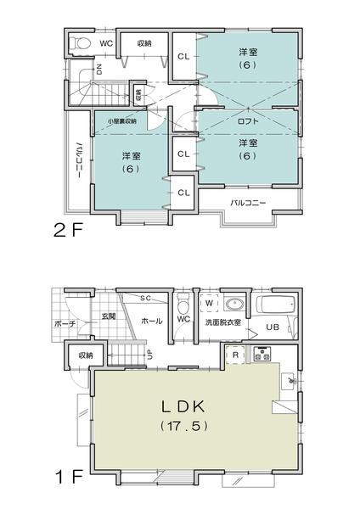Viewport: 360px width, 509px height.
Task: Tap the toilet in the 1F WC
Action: (x=183, y=305)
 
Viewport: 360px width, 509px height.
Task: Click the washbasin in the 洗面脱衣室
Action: (x=233, y=304)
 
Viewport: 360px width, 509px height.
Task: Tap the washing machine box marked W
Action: (x=208, y=303)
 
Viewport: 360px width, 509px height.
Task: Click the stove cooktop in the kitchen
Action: (x=261, y=355)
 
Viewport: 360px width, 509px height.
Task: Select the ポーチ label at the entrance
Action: (x=66, y=324)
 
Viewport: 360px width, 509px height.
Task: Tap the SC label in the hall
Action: (x=145, y=299)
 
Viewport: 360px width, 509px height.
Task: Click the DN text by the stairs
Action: (x=99, y=70)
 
